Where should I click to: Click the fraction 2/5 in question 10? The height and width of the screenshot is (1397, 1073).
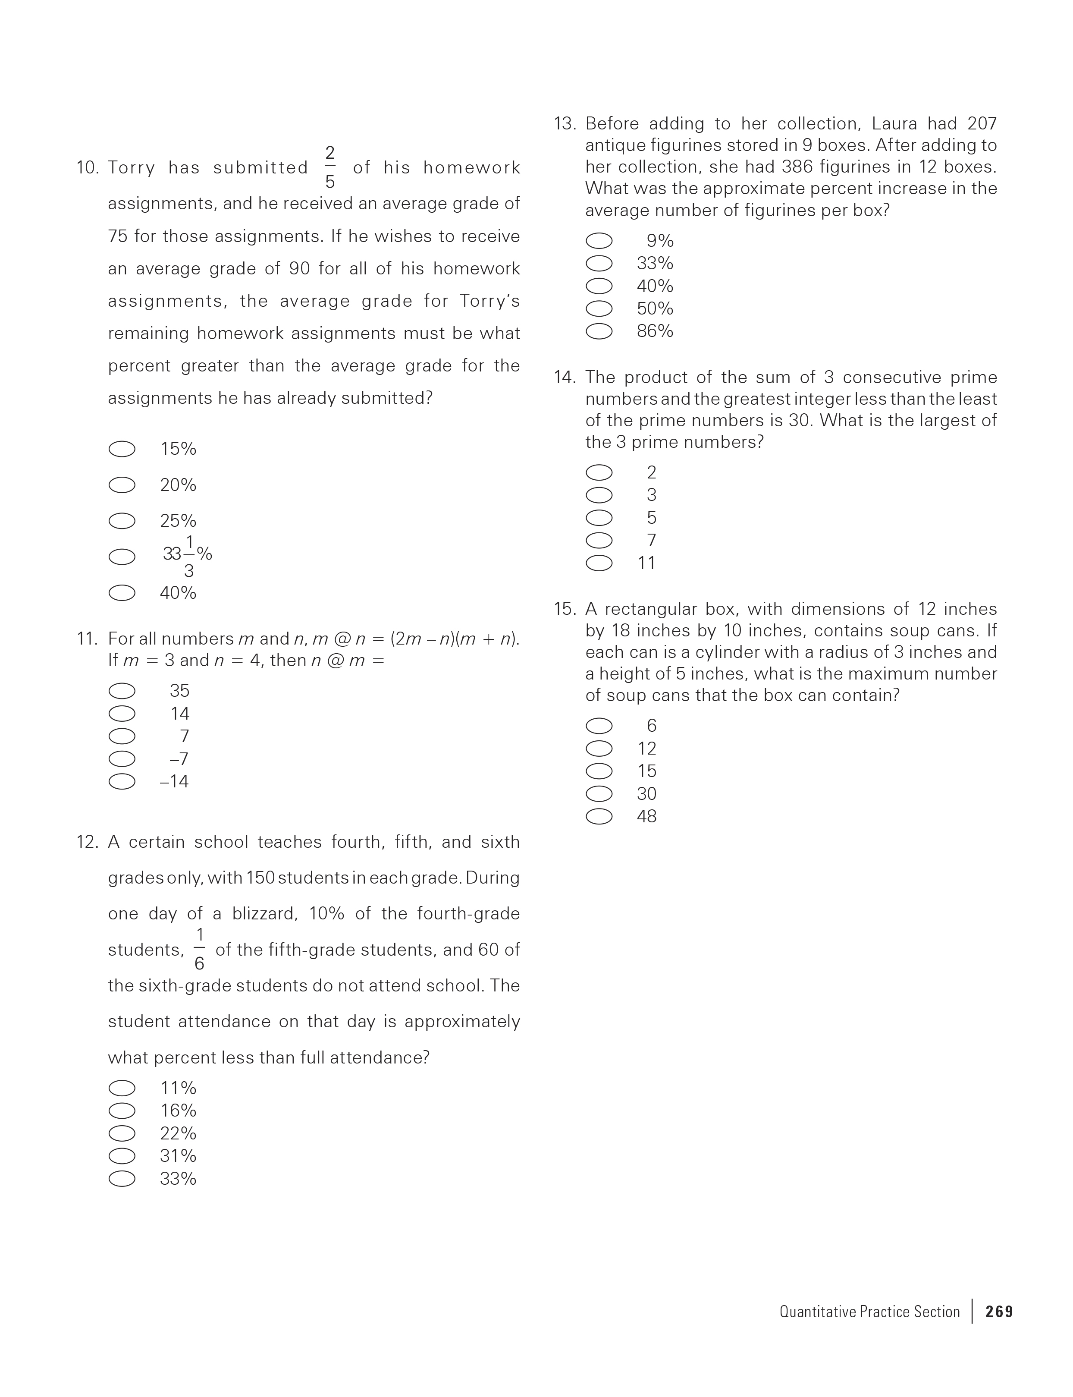click(x=329, y=167)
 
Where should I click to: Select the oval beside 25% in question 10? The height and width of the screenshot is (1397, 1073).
click(x=122, y=521)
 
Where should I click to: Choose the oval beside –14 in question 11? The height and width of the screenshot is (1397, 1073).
click(x=122, y=781)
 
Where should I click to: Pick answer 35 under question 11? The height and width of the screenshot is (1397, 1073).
click(x=179, y=690)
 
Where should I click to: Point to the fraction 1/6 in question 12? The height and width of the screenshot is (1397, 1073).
click(x=199, y=950)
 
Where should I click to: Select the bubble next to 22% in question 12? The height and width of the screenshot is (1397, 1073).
click(x=122, y=1133)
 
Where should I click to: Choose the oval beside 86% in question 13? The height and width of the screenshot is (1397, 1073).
click(x=599, y=331)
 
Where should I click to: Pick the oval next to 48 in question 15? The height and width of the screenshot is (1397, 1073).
click(x=599, y=816)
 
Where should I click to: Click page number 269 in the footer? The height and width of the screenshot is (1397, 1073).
click(x=999, y=1312)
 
